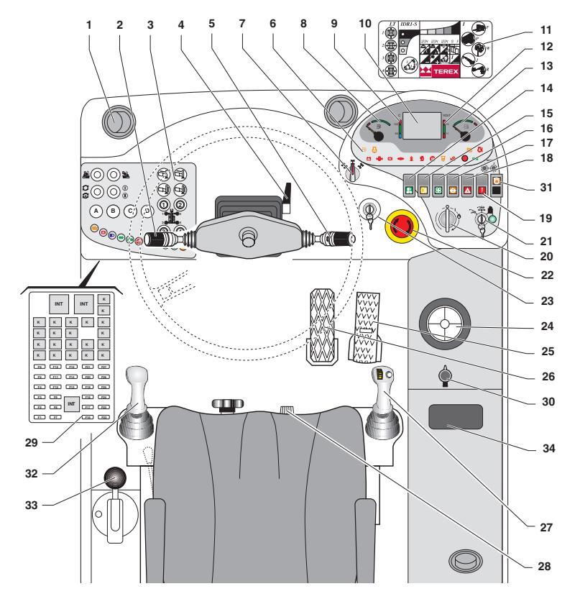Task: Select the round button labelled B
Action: pyautogui.click(x=113, y=211)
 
